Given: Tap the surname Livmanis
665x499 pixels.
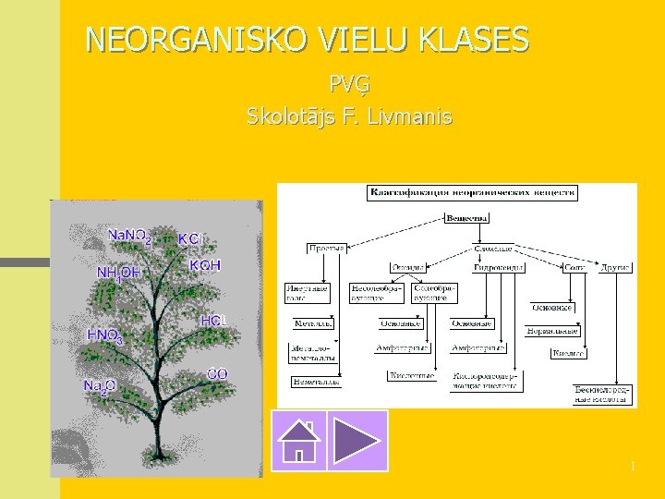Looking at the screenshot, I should [412, 116].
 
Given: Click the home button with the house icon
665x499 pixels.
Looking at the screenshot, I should [300, 441].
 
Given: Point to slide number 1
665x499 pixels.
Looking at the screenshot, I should [633, 467].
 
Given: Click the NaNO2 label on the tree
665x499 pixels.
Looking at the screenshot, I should [129, 236].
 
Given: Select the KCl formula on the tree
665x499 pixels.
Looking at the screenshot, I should [189, 239].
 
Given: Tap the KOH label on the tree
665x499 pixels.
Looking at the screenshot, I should [205, 265].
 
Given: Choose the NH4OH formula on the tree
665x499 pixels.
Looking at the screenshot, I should [119, 273].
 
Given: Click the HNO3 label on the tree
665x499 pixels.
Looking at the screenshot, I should [104, 335].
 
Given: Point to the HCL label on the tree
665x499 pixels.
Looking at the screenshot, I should [213, 321].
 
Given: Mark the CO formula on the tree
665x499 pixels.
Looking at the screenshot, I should [217, 374].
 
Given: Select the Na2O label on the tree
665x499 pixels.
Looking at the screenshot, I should [99, 386].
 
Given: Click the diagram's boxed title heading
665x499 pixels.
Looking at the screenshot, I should [472, 193].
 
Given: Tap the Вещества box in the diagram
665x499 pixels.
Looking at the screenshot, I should [468, 219].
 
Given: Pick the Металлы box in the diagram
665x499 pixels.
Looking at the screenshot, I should [313, 324].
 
